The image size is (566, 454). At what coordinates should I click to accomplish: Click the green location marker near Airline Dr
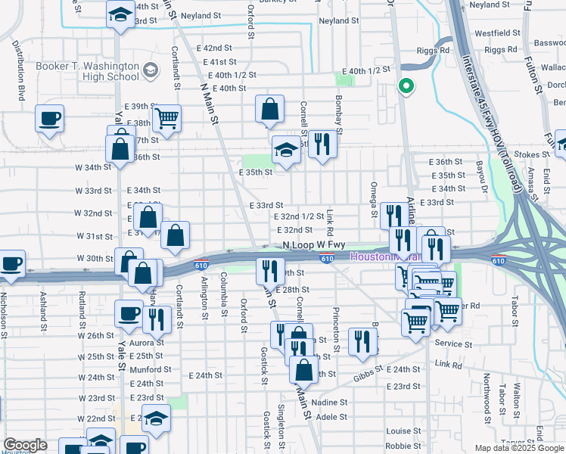[x=406, y=87]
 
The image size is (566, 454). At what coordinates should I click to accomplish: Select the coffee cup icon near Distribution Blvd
[x=49, y=119]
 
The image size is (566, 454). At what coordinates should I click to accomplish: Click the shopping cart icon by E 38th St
[x=166, y=118]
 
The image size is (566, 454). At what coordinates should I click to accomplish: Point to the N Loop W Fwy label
[x=313, y=245]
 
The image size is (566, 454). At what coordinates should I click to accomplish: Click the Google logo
[x=26, y=445]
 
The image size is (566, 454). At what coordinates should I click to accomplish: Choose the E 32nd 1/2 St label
[x=300, y=217]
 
